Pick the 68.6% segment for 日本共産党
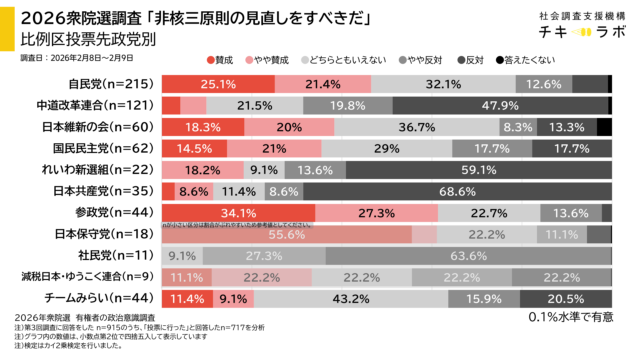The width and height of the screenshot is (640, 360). point(456,191)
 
